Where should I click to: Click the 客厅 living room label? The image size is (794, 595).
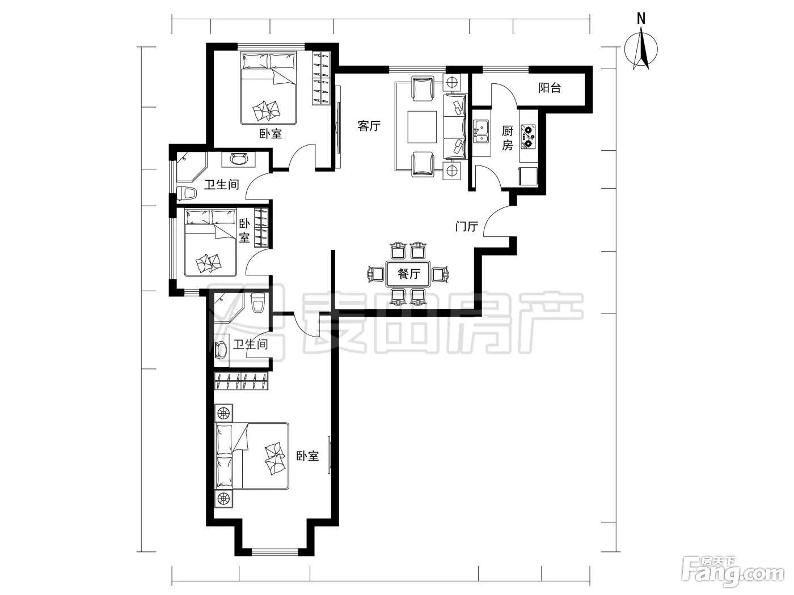[369, 126]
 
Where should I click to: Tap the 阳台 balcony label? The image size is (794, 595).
[550, 88]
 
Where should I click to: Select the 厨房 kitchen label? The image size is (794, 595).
[508, 138]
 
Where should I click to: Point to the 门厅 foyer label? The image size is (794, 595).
[467, 227]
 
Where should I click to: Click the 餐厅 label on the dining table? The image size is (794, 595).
[409, 274]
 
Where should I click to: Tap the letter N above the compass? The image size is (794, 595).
[641, 19]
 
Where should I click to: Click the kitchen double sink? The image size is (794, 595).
[481, 132]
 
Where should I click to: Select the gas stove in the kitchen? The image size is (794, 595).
[528, 137]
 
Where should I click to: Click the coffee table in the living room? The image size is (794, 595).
[422, 127]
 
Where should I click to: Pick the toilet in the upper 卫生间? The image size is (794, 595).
[187, 193]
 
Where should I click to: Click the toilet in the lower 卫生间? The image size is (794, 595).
[258, 303]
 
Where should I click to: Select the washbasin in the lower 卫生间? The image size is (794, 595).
[221, 349]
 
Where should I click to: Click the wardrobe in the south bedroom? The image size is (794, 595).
[241, 381]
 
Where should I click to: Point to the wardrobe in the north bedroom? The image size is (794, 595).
[322, 78]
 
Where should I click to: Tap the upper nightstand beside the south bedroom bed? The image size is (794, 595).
[223, 413]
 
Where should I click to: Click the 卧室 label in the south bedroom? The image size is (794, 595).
[307, 456]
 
